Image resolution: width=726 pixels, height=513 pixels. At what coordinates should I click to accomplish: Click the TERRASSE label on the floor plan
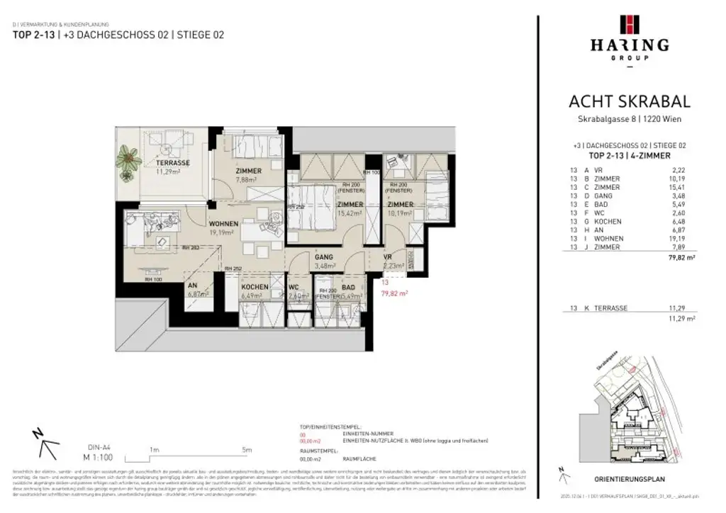(x=173, y=162)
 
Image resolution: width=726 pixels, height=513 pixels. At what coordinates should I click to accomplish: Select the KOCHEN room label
(x=255, y=287)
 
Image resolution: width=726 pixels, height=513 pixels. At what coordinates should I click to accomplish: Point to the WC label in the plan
(x=295, y=287)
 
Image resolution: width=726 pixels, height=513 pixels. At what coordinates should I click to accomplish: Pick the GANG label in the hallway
(x=325, y=257)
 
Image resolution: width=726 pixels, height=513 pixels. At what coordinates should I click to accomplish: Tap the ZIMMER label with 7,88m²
(x=249, y=171)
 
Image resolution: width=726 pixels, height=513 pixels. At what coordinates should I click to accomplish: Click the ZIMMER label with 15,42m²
(x=350, y=204)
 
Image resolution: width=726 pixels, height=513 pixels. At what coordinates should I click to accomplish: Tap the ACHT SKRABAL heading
(x=630, y=103)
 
